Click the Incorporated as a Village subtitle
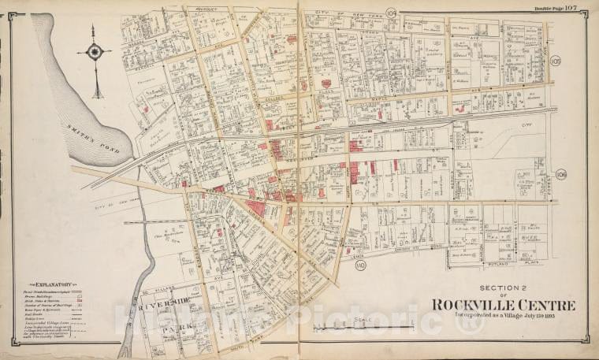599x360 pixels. coord(502,318)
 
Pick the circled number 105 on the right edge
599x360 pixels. coord(556,61)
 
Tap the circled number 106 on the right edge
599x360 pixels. coord(561,174)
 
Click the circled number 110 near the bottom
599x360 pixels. coord(361,265)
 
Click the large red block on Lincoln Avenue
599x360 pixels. coord(255,208)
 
